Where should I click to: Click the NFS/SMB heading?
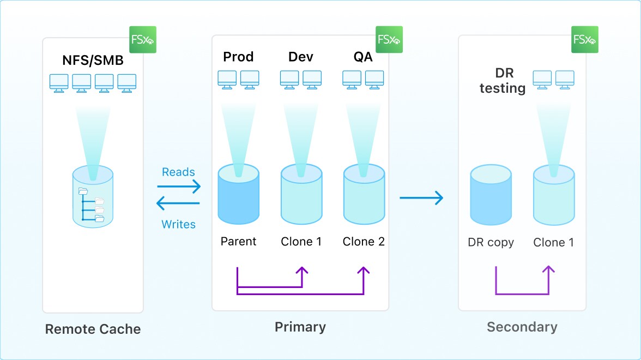pyautogui.click(x=93, y=61)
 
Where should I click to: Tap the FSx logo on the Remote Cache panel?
pyautogui.click(x=143, y=39)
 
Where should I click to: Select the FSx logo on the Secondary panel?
pyautogui.click(x=585, y=39)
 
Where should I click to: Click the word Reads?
pyautogui.click(x=178, y=172)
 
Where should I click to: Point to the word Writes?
pyautogui.click(x=178, y=224)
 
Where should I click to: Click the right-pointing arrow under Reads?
pyautogui.click(x=179, y=187)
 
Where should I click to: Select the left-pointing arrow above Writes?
pyautogui.click(x=179, y=204)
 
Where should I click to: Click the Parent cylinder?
pyautogui.click(x=238, y=196)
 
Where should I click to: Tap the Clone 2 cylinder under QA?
pyautogui.click(x=364, y=196)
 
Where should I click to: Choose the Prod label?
pyautogui.click(x=238, y=57)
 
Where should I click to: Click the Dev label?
pyautogui.click(x=301, y=57)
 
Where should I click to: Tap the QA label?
pyautogui.click(x=363, y=57)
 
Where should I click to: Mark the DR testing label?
pyautogui.click(x=502, y=81)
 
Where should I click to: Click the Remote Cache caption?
pyautogui.click(x=93, y=329)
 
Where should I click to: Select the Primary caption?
pyautogui.click(x=300, y=327)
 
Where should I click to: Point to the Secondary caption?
pyautogui.click(x=522, y=327)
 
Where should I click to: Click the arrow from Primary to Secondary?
pyautogui.click(x=421, y=197)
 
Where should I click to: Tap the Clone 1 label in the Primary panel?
pyautogui.click(x=301, y=241)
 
